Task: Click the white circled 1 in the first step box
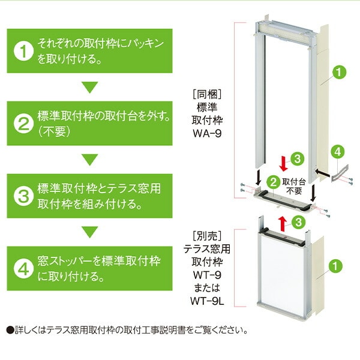[x=23, y=50]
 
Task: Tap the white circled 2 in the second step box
[x=23, y=123]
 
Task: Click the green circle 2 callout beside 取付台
[x=273, y=181]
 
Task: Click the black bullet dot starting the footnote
[x=9, y=330]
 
